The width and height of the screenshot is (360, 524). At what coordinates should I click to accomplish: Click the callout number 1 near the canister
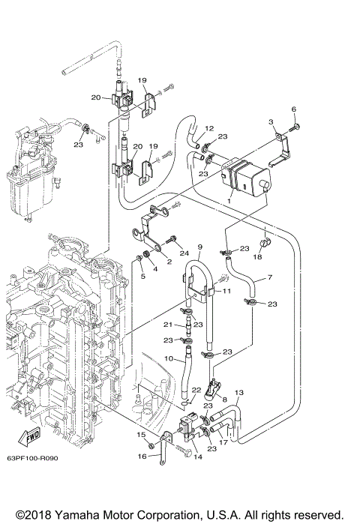click(229, 201)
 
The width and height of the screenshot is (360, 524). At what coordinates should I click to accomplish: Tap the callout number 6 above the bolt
click(294, 109)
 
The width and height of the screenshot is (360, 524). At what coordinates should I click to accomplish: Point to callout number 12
click(209, 128)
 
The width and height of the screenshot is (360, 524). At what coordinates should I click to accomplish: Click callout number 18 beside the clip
click(256, 256)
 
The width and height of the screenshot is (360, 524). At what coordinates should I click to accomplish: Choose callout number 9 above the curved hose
click(200, 247)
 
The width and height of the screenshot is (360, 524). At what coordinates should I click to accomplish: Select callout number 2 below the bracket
click(169, 262)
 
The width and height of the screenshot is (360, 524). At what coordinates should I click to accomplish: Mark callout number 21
click(169, 325)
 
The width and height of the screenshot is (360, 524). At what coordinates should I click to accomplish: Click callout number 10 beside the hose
click(169, 359)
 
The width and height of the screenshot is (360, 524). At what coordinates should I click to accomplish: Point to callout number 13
click(239, 393)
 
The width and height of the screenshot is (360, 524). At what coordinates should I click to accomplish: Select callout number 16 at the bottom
click(141, 455)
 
